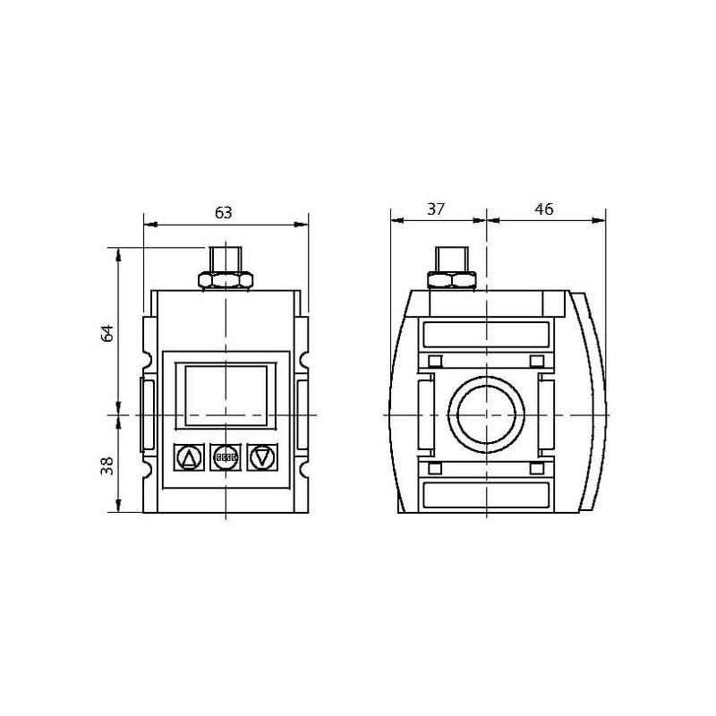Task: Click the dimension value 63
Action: coord(223,213)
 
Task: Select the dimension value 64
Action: coord(107,333)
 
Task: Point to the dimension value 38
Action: coord(107,465)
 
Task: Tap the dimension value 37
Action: coord(436,209)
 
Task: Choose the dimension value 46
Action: coord(544,209)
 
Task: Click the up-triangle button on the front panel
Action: coord(188,457)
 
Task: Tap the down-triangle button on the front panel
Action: coord(262,457)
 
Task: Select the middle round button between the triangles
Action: coord(226,457)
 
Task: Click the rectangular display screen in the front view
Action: coord(226,396)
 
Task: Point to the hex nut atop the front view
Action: coord(226,279)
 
